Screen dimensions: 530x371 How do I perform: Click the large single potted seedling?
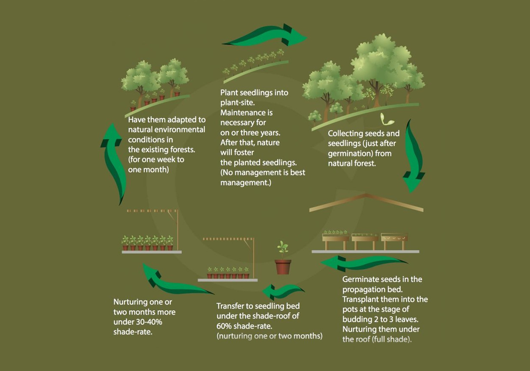[x=283, y=259]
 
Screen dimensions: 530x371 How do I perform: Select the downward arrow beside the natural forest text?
[x=413, y=156]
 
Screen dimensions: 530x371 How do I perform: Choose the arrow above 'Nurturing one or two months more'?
[x=176, y=281]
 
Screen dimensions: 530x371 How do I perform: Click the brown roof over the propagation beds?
[x=367, y=202]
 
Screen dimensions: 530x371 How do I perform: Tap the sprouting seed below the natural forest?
[x=386, y=119]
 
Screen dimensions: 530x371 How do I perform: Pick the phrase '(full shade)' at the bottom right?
[x=392, y=339]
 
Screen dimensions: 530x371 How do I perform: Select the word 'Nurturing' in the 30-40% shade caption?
[x=130, y=302]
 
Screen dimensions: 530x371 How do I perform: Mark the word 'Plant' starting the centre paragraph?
[x=229, y=92]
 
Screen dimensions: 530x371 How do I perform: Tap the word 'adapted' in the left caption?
[x=182, y=120]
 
